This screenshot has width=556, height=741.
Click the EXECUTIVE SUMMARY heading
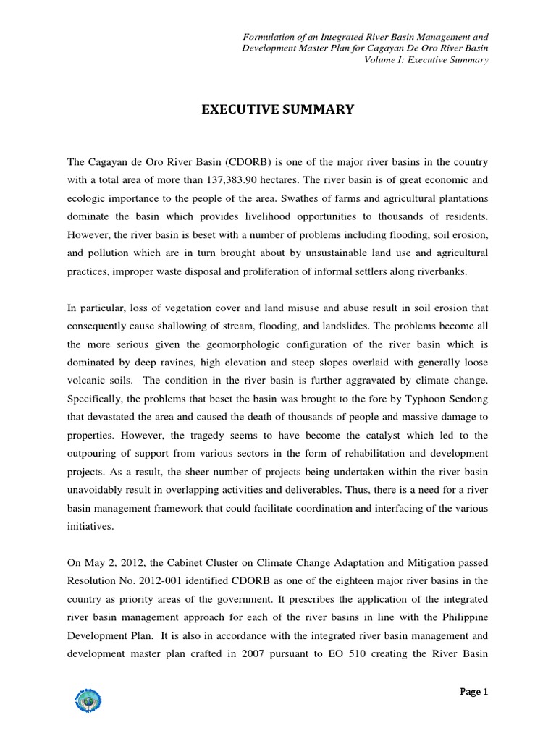click(277, 110)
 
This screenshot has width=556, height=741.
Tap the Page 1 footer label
click(474, 691)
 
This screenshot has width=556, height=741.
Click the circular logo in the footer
click(88, 700)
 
